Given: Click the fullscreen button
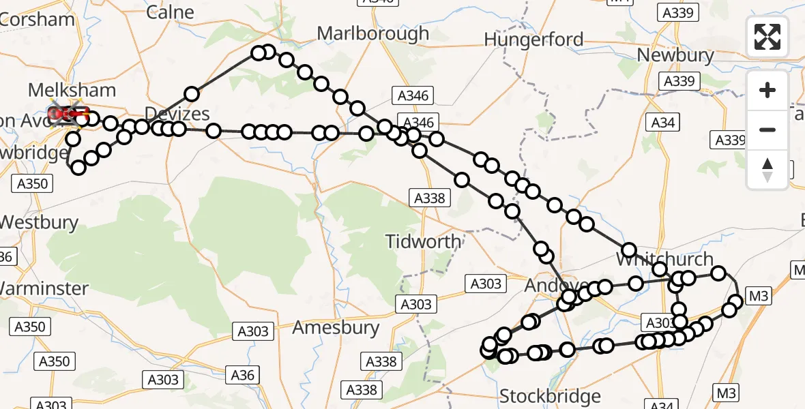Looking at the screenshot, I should point(767,37).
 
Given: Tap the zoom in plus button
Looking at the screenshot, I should point(767,91).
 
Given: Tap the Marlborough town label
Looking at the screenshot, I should point(373,33).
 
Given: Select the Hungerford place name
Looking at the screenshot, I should point(533,40).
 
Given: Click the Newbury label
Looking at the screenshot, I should point(675,55).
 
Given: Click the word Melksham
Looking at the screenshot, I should point(72,90).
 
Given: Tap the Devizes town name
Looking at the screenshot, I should point(177,113).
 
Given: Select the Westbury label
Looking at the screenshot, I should point(39,222).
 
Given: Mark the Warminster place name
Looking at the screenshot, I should point(44,288).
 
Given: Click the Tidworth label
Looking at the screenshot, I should point(423,241).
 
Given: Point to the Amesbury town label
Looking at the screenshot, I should point(336,328).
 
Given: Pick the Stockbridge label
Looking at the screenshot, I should point(550,396).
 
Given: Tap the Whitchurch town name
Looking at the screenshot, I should point(664,259).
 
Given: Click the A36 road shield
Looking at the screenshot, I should point(242,374).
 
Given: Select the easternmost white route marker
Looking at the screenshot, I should point(735,301).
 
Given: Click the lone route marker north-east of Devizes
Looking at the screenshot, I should point(192,94).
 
